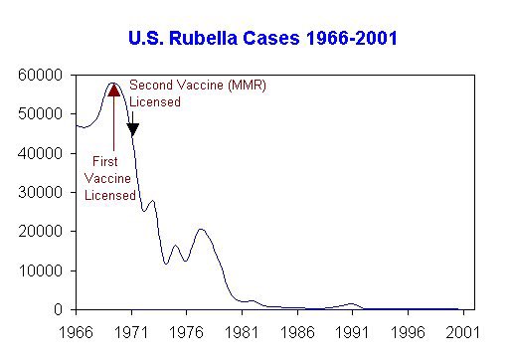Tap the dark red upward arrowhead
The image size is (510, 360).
[114, 90]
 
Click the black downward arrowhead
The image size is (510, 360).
[132, 129]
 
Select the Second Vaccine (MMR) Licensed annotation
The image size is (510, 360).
[197, 92]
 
